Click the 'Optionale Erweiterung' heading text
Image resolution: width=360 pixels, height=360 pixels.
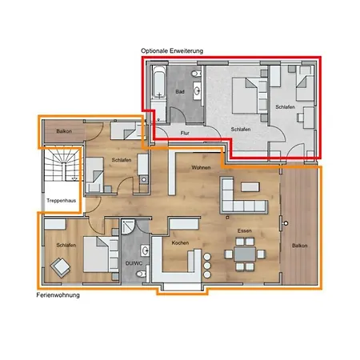tap(172, 50)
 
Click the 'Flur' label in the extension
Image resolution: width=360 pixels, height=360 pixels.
tap(184, 133)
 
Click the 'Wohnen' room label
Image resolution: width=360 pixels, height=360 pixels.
tap(201, 168)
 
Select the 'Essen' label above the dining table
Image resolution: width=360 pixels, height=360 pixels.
tap(244, 230)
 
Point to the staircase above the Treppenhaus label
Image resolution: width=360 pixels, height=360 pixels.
tap(60, 168)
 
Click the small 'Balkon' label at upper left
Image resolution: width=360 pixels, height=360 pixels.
tap(66, 130)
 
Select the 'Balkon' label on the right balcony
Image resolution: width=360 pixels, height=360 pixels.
tap(300, 246)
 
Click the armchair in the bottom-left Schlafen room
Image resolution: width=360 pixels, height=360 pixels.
tap(58, 267)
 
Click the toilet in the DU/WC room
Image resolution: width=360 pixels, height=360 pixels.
tap(140, 274)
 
